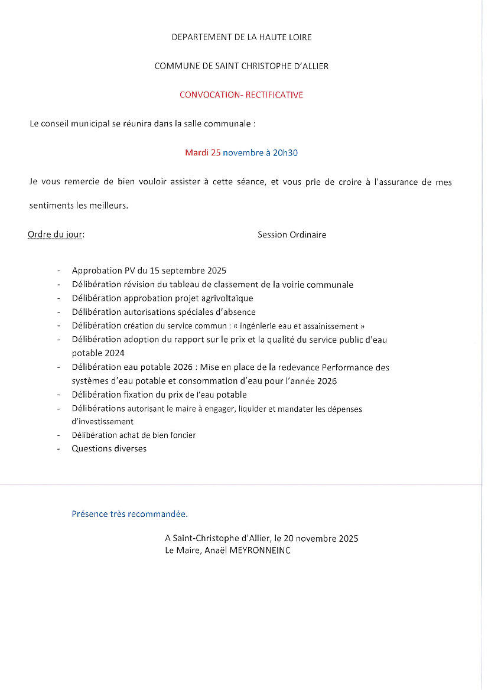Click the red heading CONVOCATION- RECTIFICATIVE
pos(241,95)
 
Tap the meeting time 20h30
pos(285,152)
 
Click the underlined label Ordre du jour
pos(56,235)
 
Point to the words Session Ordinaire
pos(292,235)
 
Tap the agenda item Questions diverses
pos(109,448)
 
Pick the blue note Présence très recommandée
pos(129,514)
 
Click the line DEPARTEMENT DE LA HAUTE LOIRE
pos(241,37)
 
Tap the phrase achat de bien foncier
pos(158,435)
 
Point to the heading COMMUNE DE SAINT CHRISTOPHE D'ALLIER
pos(241,66)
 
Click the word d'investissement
pos(102,421)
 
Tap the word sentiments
pos(51,206)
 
